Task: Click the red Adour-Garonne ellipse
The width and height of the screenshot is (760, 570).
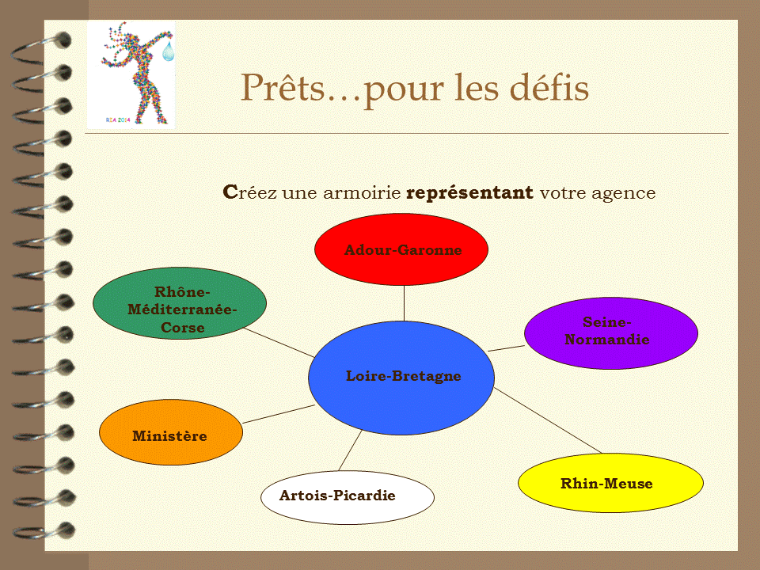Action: coord(401,249)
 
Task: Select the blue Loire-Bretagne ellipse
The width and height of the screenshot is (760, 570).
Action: coord(401,378)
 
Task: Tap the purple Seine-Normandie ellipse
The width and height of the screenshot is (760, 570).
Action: coord(610,333)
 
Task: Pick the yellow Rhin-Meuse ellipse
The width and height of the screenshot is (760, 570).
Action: coord(610,483)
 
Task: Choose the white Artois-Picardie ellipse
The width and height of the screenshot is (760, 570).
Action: coord(348,497)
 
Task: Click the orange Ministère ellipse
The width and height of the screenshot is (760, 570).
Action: coord(171,432)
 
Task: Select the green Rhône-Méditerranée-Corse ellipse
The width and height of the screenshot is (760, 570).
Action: coord(180,303)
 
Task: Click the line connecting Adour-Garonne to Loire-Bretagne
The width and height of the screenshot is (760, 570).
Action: coord(405,303)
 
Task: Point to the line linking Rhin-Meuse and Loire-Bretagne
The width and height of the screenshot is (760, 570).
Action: coord(548,420)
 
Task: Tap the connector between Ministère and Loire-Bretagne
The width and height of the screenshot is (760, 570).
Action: coord(279,414)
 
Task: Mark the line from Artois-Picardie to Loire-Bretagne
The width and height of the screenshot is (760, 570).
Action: coord(351,450)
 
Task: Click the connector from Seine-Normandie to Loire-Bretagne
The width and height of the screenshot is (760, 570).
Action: coord(507,348)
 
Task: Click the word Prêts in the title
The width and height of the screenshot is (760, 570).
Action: coord(283,87)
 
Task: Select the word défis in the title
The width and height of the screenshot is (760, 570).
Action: coord(549,87)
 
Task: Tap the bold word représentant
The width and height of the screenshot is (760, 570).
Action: coord(469,193)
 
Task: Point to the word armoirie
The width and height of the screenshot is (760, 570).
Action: coord(362,193)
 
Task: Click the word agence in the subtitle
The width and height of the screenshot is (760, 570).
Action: coord(623,194)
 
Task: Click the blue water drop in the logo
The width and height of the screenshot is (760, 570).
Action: coord(168,51)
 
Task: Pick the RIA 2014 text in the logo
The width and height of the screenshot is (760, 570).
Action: coord(118,120)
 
